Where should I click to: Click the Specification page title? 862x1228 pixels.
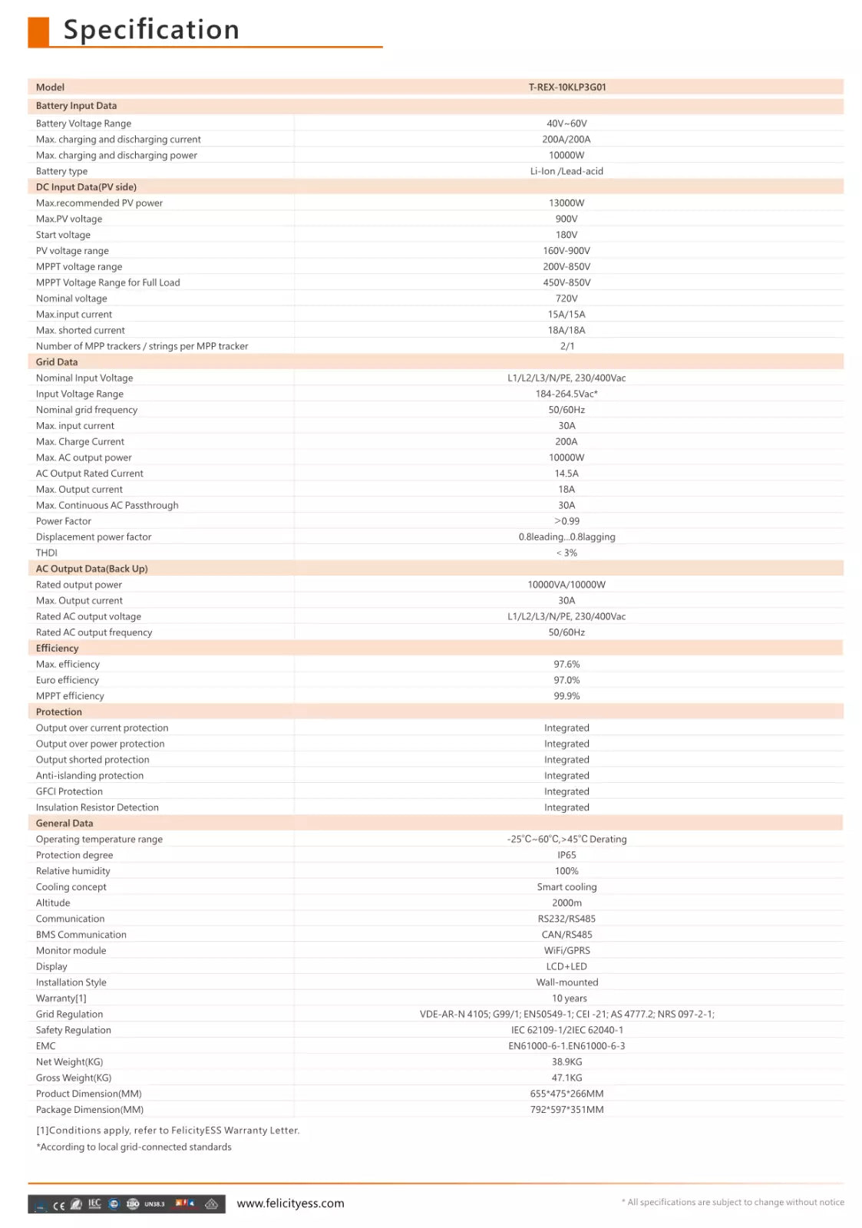click(x=151, y=30)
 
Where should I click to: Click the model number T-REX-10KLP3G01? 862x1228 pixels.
click(x=566, y=87)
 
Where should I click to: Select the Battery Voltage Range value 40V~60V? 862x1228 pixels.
click(x=566, y=124)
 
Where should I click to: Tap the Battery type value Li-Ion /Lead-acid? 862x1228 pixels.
click(x=566, y=171)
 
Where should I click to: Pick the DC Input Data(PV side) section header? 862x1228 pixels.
click(x=86, y=187)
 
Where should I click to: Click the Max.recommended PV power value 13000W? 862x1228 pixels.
click(x=566, y=203)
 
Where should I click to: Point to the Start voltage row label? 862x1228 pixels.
click(x=63, y=235)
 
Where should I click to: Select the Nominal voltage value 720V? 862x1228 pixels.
click(x=566, y=299)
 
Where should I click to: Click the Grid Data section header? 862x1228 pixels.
click(x=57, y=362)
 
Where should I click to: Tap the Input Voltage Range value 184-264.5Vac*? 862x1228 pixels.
click(x=566, y=394)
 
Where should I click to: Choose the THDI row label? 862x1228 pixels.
click(x=47, y=553)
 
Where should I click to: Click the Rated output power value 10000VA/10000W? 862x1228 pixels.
click(x=566, y=585)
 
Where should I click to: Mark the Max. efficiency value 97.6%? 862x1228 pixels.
click(x=566, y=665)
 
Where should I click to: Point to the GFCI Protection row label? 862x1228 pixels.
click(x=69, y=791)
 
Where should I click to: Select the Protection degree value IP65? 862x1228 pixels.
click(x=566, y=855)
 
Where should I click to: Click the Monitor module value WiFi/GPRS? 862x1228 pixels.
click(x=566, y=950)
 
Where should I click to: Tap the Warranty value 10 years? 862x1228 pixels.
click(x=569, y=999)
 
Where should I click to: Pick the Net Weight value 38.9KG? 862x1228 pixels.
click(x=566, y=1062)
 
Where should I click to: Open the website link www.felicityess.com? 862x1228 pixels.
click(x=290, y=1203)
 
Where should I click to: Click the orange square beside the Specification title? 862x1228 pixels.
click(x=38, y=32)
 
